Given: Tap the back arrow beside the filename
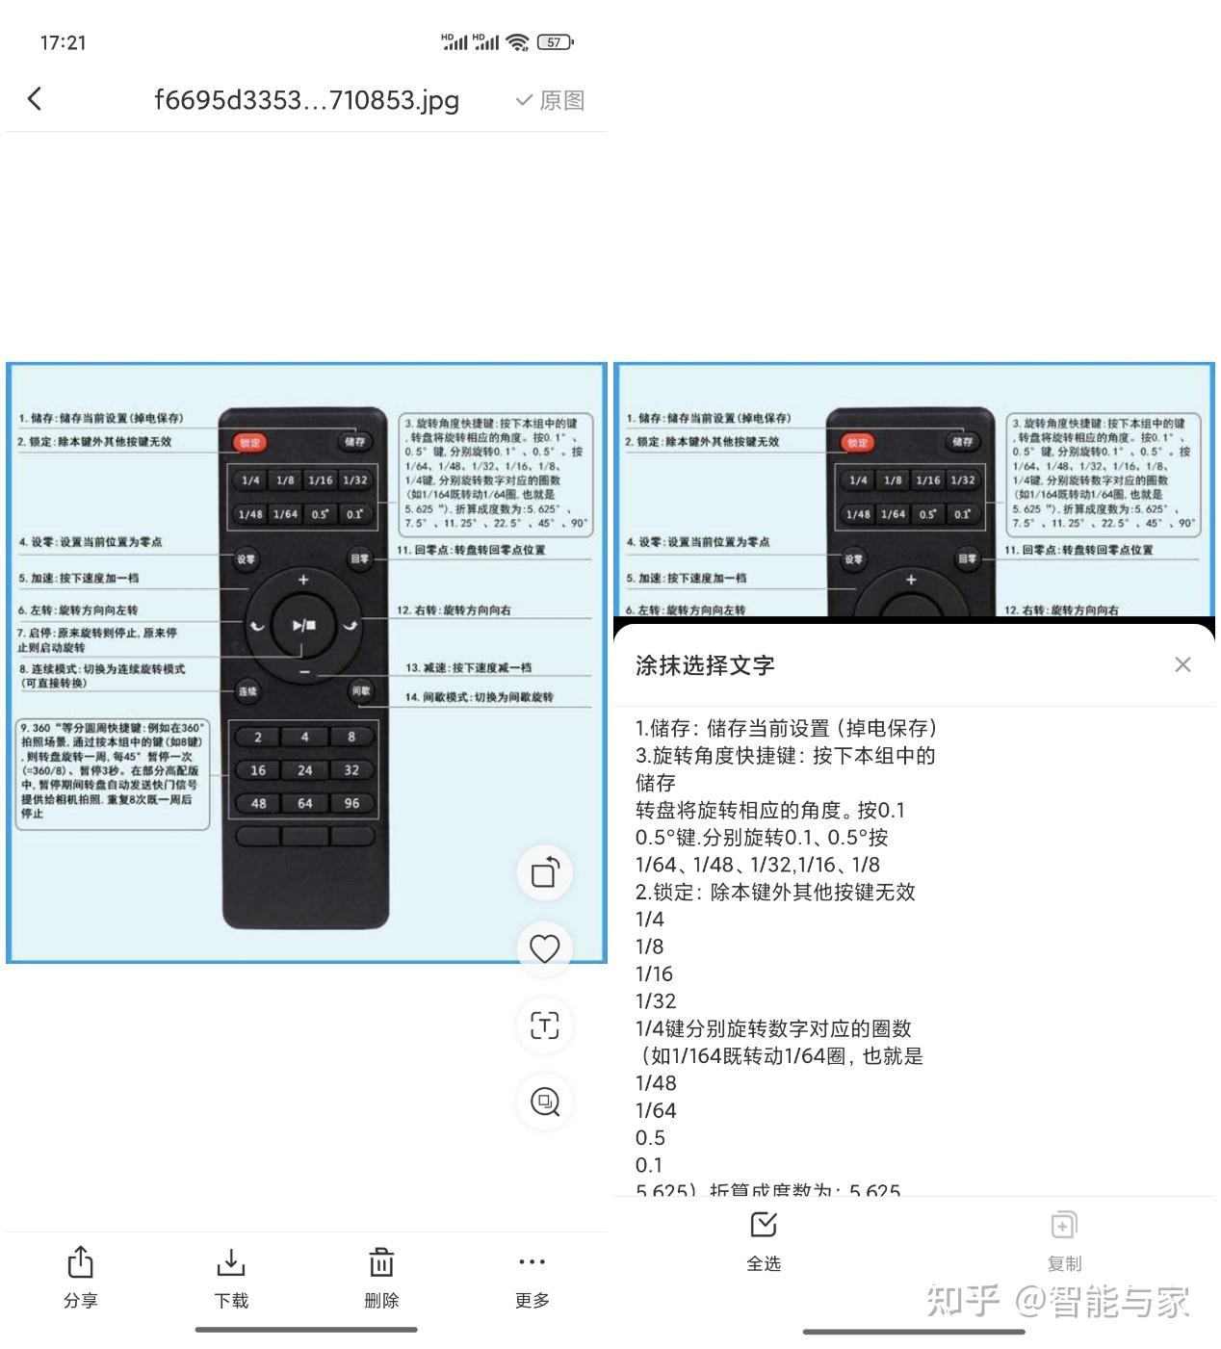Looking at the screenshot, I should (36, 98).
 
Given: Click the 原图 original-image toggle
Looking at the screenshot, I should (551, 100).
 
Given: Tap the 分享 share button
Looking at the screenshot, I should (80, 1277).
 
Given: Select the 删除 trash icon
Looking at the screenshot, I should (381, 1277).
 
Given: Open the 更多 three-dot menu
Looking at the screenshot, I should (532, 1277).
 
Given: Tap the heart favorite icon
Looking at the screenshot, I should (545, 948).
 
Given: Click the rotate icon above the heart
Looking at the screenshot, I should (545, 873).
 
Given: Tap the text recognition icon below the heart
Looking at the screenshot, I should (545, 1025).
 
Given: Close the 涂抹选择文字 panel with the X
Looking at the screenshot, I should (1182, 664).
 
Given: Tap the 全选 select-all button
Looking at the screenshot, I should (764, 1240).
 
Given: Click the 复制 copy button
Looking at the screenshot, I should (1064, 1240).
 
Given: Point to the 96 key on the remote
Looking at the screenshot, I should (351, 803).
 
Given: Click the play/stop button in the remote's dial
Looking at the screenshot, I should (304, 626).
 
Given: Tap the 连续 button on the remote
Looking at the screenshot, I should (247, 690).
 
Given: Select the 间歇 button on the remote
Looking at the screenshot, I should (361, 690).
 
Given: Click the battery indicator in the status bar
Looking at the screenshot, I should (556, 42).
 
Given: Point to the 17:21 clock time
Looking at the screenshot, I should (64, 42).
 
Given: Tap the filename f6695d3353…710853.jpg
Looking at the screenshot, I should (306, 100).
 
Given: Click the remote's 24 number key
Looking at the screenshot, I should (304, 770).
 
